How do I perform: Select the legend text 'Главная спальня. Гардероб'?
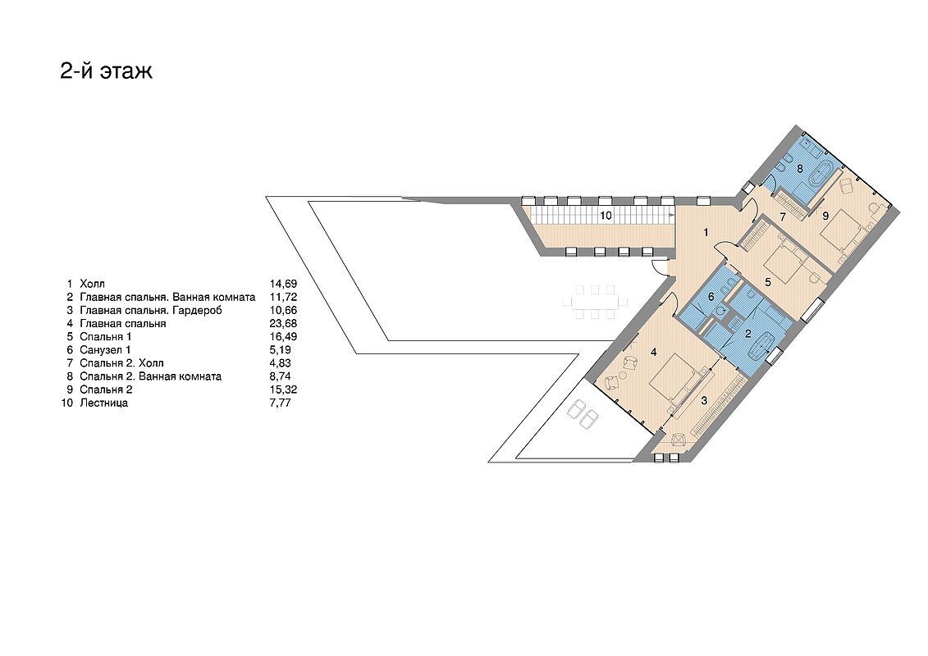(x=151, y=311)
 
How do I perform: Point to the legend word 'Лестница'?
(x=103, y=403)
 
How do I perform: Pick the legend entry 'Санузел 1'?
(x=105, y=350)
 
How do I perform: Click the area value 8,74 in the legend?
(x=280, y=376)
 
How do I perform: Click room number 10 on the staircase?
(x=606, y=216)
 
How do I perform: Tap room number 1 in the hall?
(x=706, y=232)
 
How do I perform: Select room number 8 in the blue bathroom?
(x=799, y=169)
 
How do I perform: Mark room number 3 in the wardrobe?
(x=704, y=400)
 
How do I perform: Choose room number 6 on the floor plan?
(x=711, y=296)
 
